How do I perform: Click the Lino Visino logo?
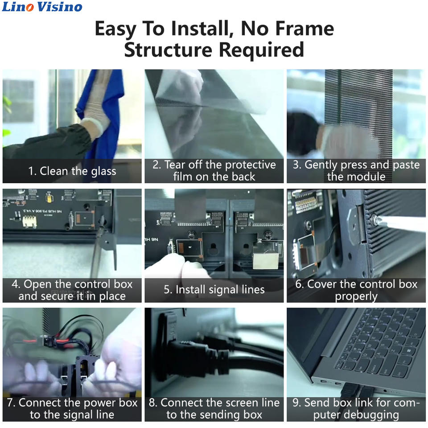tap(42, 7)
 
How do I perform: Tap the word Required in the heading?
tap(262, 49)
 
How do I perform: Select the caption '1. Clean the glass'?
tap(72, 171)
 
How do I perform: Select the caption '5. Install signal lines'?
tap(214, 290)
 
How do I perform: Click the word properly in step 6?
tap(356, 296)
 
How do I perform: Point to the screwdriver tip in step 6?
tap(374, 218)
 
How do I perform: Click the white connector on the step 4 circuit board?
tap(29, 221)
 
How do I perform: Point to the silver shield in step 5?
tap(266, 258)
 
